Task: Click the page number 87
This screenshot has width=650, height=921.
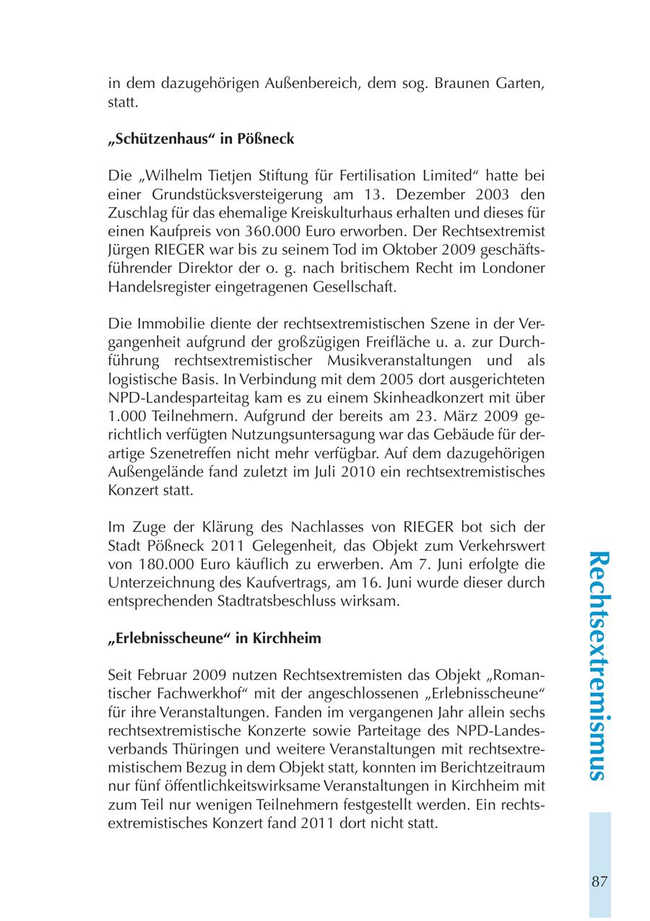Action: [x=599, y=881]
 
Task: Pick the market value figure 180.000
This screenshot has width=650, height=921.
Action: [x=159, y=564]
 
